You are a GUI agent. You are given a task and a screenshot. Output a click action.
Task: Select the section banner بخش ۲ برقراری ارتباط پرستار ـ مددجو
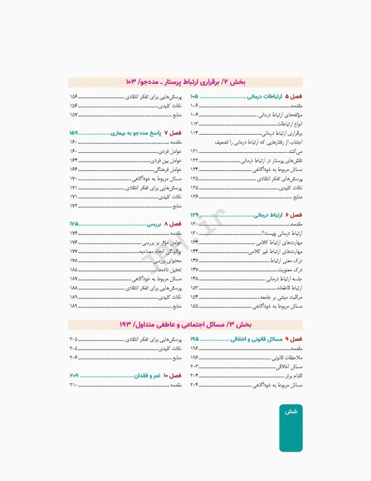coord(185,82)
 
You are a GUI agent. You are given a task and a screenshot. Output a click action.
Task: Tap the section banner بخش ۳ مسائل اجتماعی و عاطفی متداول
coord(185,324)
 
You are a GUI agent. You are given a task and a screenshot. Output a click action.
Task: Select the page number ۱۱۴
coord(195,133)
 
